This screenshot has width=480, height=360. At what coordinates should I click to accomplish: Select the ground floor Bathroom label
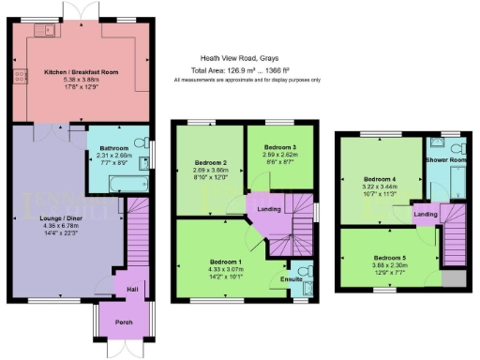(x=114, y=147)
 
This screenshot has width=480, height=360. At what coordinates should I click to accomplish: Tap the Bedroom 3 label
(x=280, y=148)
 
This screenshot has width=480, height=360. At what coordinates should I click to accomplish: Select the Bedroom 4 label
(x=381, y=179)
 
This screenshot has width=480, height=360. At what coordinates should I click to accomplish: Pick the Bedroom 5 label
(x=390, y=258)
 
